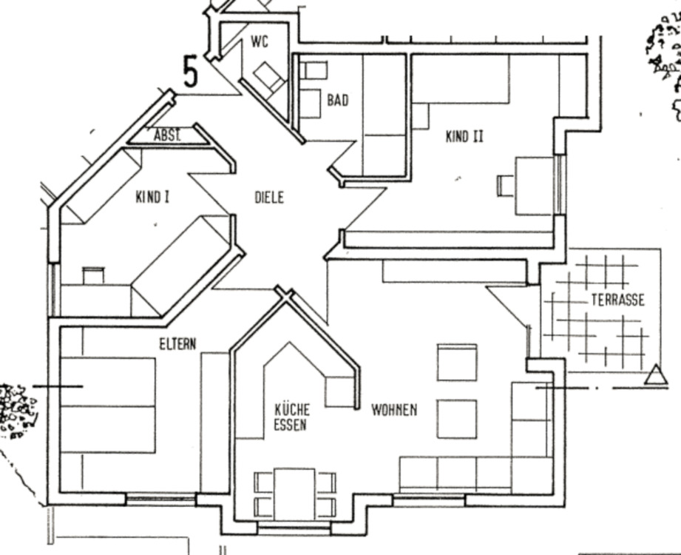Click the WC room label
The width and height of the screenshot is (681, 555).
tap(260, 41)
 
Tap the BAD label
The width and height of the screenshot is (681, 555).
tap(338, 101)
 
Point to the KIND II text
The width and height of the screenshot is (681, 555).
tap(464, 136)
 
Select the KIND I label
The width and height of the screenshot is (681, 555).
tap(152, 197)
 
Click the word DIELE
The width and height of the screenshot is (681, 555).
tap(269, 198)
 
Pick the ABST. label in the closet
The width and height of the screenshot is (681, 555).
tap(167, 135)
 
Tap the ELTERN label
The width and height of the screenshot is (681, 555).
tap(177, 344)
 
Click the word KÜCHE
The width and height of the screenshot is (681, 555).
tap(292, 409)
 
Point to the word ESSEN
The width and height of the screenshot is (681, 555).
tap(290, 425)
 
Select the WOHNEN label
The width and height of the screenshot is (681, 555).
tap(394, 409)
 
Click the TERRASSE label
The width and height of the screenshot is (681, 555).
tap(617, 300)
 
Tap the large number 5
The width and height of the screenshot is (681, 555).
tap(190, 72)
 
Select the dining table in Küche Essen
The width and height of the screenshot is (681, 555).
tap(294, 494)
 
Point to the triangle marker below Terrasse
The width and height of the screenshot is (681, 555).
tap(656, 375)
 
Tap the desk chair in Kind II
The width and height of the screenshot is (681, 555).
tap(506, 186)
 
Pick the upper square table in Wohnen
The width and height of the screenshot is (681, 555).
tap(457, 363)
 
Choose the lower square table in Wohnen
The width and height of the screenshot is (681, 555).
tap(457, 419)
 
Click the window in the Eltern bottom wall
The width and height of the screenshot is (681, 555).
tap(160, 499)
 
